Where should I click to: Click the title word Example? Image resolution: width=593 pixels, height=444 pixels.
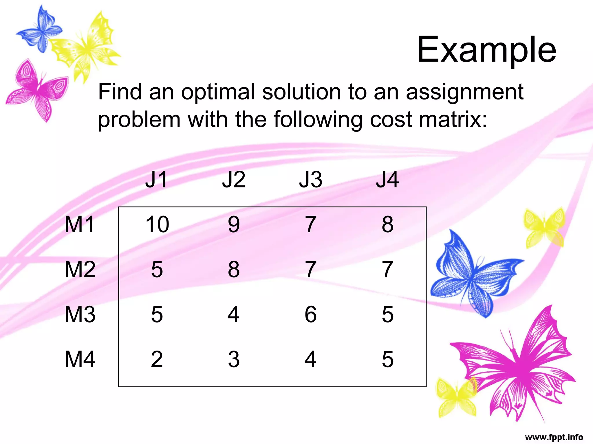point(486,50)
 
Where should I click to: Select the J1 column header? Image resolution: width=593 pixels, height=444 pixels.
point(156,180)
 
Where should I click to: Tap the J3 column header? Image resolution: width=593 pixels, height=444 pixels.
point(310,180)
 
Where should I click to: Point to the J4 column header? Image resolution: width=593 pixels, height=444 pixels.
point(387,180)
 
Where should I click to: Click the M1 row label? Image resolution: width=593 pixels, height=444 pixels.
point(79,224)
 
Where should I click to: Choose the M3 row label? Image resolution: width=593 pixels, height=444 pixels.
point(80,314)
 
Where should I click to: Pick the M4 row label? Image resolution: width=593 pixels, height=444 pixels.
point(80,360)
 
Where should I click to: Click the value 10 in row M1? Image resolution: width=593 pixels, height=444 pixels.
point(157,224)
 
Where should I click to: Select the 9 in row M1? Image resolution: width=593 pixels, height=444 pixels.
point(234,224)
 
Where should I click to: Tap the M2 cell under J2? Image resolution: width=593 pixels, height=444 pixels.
point(234,270)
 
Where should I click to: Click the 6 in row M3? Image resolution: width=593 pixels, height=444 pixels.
point(310,314)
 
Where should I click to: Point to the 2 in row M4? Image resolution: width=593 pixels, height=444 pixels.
point(157,360)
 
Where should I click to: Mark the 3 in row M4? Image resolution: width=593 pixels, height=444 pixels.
point(234,360)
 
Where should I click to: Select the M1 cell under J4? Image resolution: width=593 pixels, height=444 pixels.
point(387,224)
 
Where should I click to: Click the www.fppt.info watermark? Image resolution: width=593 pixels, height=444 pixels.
point(554,437)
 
